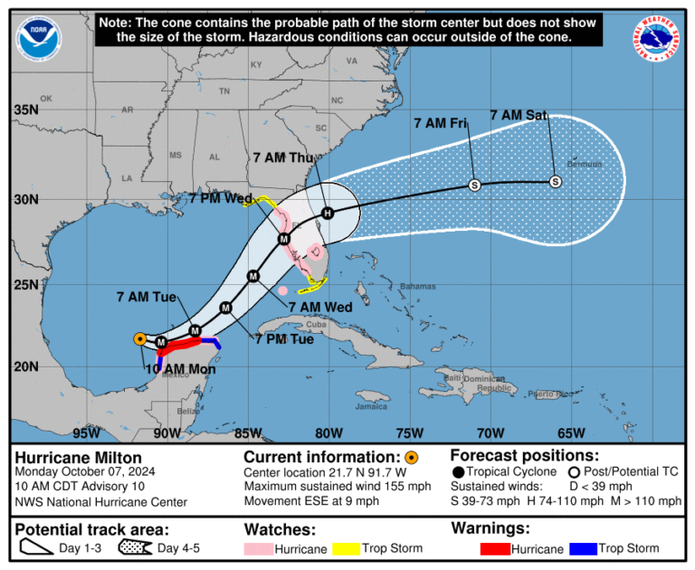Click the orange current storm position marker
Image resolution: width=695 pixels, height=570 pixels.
[139, 339]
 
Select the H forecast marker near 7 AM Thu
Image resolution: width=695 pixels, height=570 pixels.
[328, 214]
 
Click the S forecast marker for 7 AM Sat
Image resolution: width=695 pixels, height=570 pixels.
[556, 182]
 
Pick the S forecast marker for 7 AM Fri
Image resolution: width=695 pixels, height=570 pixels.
[474, 185]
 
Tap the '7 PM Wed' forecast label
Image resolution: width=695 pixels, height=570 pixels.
[220, 198]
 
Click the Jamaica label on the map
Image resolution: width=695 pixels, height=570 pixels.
[371, 406]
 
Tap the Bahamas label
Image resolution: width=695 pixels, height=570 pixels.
[417, 286]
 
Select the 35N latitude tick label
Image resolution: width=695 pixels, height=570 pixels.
[24, 110]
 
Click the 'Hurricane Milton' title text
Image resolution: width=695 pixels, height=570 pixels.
[67, 456]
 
